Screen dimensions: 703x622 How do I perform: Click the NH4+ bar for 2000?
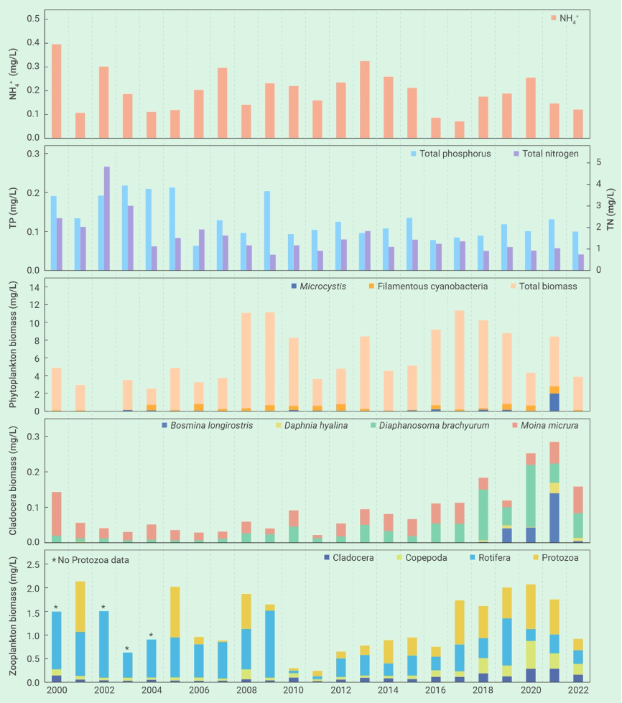point(56,91)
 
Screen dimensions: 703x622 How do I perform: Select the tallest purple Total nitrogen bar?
point(107,218)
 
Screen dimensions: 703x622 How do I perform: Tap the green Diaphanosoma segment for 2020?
point(532,496)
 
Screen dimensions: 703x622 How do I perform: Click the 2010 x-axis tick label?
point(294,692)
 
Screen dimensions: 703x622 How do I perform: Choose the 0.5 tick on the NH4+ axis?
point(34,19)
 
